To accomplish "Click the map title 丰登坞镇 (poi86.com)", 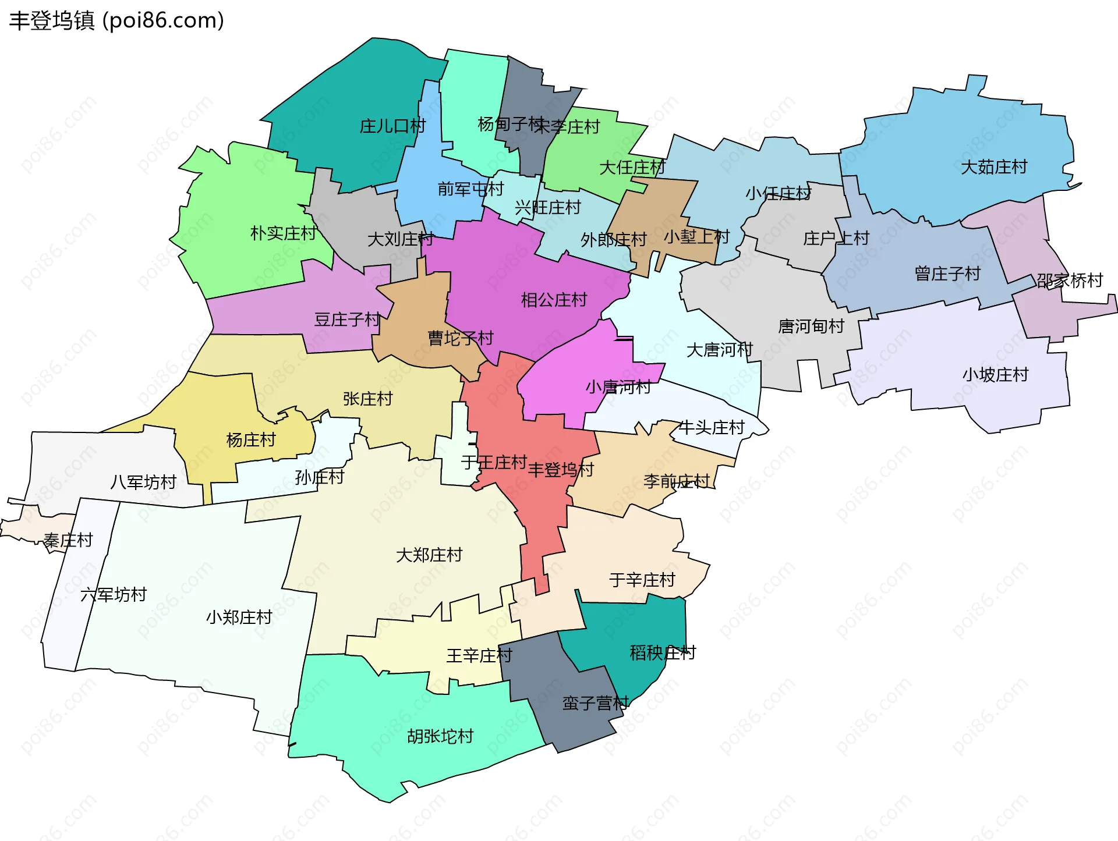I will click(x=116, y=20).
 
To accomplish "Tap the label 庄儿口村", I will click(x=392, y=126).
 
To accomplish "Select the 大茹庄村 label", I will click(x=994, y=167).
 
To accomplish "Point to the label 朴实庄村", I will click(x=283, y=233).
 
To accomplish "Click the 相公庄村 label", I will click(x=554, y=300).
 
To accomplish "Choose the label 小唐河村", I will click(x=618, y=386).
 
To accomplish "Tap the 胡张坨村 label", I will click(x=440, y=736).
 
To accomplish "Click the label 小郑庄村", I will click(x=239, y=617).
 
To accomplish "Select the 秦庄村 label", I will click(x=68, y=540).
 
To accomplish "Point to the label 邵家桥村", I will click(x=1070, y=281).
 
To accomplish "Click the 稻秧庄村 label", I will click(x=663, y=652).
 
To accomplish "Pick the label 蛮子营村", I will click(x=595, y=703).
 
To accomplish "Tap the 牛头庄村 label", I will click(x=712, y=428).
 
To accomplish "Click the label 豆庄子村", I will click(x=347, y=319).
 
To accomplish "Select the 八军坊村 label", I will click(x=143, y=482).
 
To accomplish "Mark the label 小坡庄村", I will click(x=995, y=374).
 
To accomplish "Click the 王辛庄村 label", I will click(x=479, y=656).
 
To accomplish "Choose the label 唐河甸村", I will click(x=811, y=326).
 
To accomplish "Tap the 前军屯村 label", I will click(x=470, y=189).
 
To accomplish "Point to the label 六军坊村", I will click(x=114, y=595).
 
